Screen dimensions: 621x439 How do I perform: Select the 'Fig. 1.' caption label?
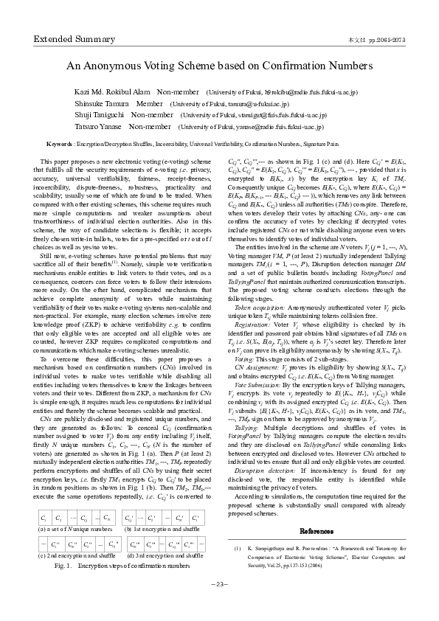66,565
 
